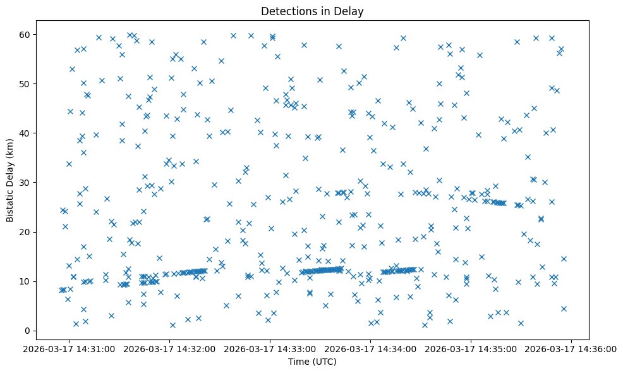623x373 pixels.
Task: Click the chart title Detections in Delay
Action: click(312, 11)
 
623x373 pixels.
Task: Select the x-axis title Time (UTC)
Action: click(312, 362)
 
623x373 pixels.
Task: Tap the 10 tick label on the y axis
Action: click(25, 281)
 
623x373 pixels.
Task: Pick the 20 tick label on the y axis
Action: click(25, 232)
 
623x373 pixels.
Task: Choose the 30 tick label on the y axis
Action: click(25, 183)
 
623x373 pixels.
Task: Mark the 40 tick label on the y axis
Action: click(25, 133)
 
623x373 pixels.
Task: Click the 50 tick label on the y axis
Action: click(25, 84)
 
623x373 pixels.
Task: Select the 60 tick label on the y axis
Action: click(25, 34)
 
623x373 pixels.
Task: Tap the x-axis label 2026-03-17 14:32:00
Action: click(169, 348)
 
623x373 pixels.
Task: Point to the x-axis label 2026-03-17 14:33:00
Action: click(270, 348)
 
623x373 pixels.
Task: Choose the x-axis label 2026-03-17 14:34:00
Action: click(370, 348)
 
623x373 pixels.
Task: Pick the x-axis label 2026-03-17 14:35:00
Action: click(471, 348)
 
